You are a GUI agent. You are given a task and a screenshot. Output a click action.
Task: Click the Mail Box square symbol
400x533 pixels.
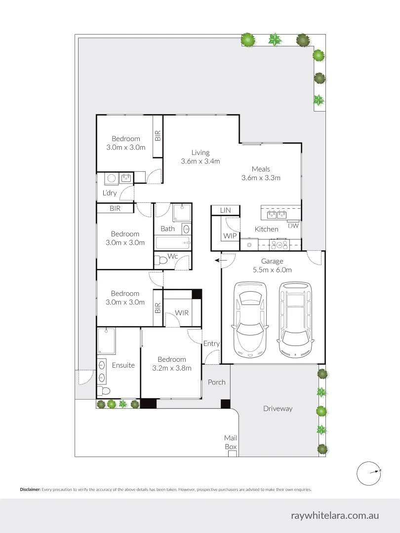click(x=232, y=453)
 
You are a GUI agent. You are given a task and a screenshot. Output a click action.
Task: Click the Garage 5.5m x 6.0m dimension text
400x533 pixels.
click(x=272, y=269)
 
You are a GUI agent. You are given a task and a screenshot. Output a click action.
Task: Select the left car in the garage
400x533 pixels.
click(x=250, y=319)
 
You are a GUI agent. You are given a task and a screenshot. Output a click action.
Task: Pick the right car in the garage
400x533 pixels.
click(x=295, y=319)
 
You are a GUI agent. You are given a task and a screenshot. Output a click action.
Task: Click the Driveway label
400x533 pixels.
click(x=278, y=409)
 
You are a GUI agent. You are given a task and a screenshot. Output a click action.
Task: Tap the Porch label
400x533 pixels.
click(x=216, y=382)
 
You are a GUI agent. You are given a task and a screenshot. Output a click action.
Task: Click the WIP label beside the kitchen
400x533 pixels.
click(x=230, y=236)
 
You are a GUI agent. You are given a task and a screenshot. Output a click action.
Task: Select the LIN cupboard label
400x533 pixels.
click(x=225, y=210)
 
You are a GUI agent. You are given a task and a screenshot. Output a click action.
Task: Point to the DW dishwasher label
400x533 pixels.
click(x=293, y=226)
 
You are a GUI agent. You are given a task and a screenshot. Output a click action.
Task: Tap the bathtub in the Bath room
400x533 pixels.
click(x=172, y=243)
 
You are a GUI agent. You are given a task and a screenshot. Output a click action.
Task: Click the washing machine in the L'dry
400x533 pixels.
click(x=112, y=178)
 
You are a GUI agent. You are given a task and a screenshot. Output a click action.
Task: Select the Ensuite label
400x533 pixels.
click(x=123, y=365)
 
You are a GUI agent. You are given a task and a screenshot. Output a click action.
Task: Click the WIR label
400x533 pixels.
click(x=181, y=313)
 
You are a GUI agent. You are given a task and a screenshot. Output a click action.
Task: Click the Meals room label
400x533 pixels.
click(x=261, y=169)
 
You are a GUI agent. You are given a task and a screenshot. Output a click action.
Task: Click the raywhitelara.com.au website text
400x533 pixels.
click(x=335, y=515)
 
